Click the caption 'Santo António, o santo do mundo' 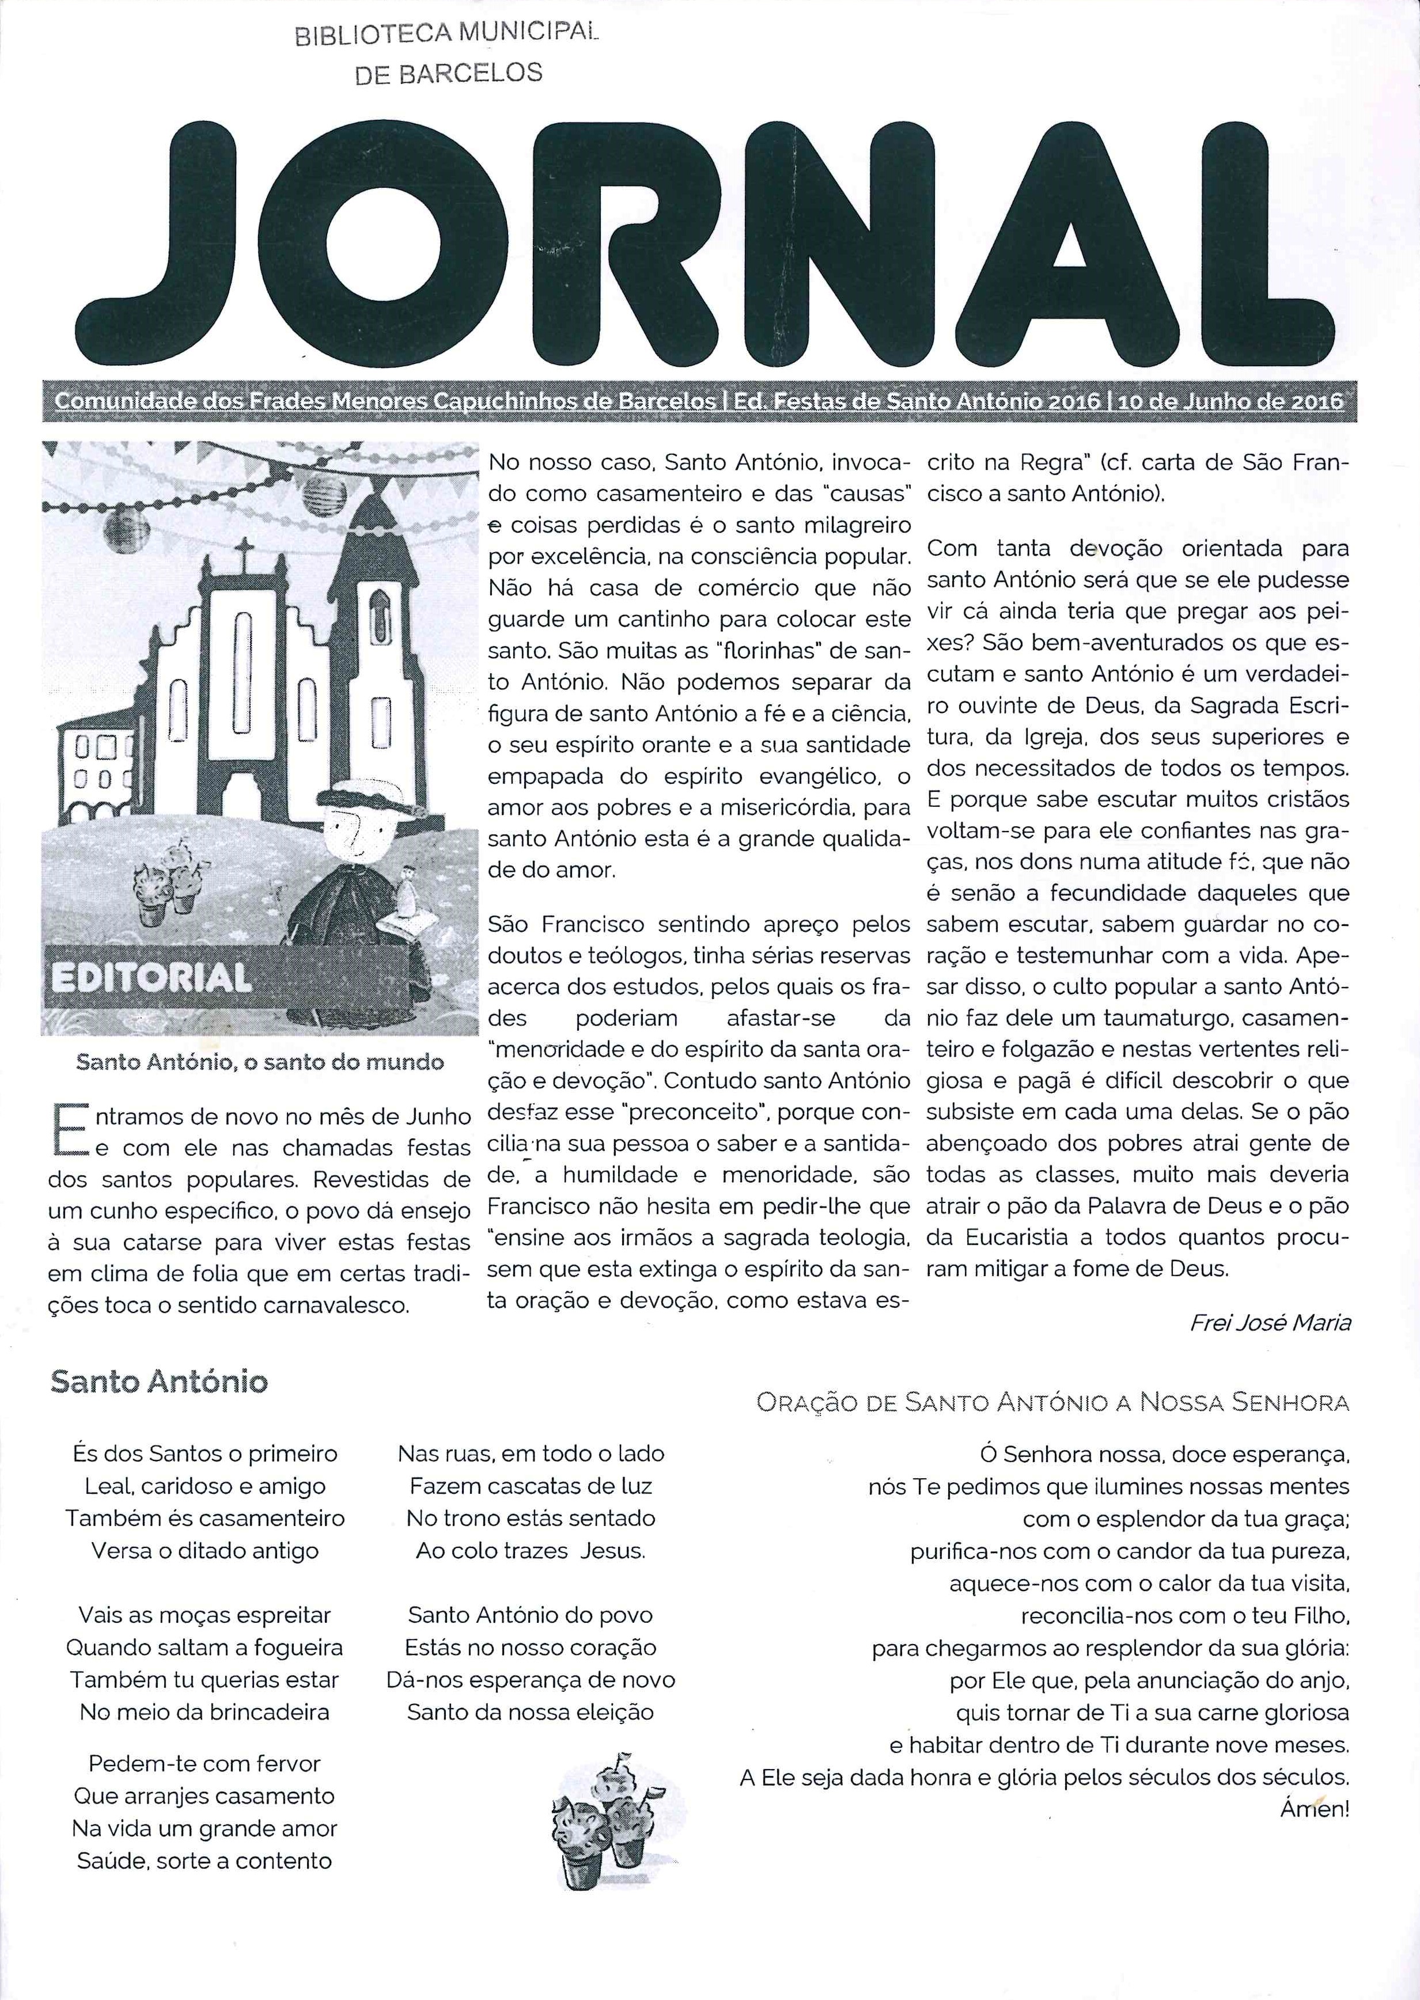(260, 1062)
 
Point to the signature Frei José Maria (1270, 1323)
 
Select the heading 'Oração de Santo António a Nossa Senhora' (1053, 1403)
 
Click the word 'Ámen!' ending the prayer (1314, 1809)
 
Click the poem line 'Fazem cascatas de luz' (531, 1486)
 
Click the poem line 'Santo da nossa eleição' (531, 1711)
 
